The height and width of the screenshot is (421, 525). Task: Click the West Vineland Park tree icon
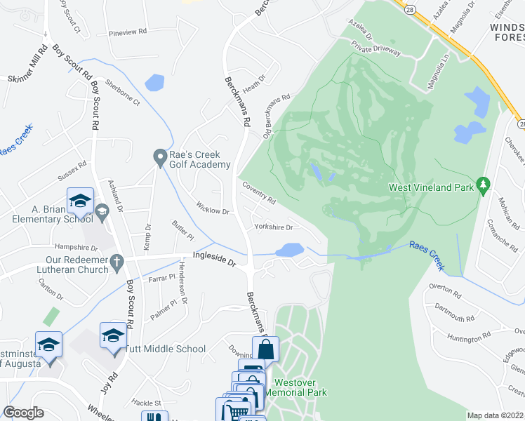pyautogui.click(x=482, y=185)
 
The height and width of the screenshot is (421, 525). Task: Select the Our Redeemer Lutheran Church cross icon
pyautogui.click(x=117, y=262)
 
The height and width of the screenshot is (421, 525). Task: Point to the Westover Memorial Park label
pyautogui.click(x=300, y=387)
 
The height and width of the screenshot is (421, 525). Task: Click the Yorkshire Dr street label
pyautogui.click(x=273, y=227)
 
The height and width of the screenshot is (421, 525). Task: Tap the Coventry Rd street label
pyautogui.click(x=259, y=195)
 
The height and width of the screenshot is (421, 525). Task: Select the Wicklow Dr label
pyautogui.click(x=213, y=210)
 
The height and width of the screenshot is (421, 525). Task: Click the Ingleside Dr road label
pyautogui.click(x=214, y=260)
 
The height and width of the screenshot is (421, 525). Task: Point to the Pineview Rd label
pyautogui.click(x=127, y=32)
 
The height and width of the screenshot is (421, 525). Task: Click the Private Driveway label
pyautogui.click(x=376, y=51)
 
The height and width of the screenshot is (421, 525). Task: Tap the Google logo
pyautogui.click(x=24, y=413)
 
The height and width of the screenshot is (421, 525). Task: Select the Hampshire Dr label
pyautogui.click(x=76, y=248)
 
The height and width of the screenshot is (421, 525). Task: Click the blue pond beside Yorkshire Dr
pyautogui.click(x=289, y=250)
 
